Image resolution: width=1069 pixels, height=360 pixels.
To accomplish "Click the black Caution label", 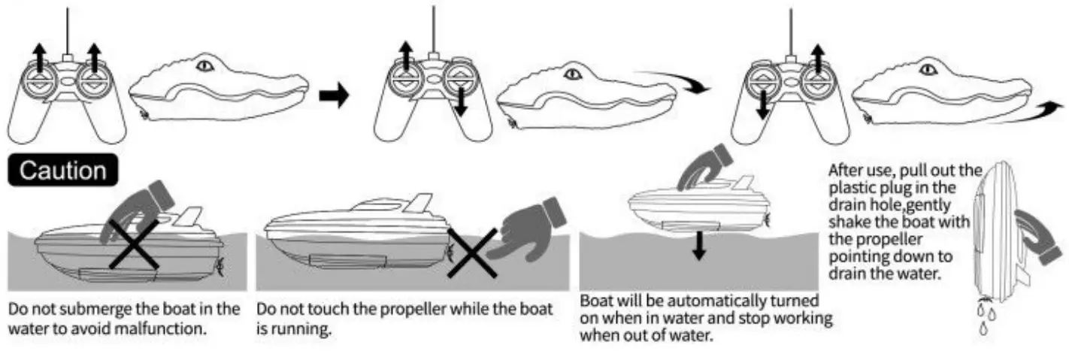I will point(62,171).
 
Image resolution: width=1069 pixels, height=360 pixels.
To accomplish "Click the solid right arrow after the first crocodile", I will point(335,95).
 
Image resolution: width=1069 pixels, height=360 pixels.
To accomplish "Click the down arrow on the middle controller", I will point(462,101).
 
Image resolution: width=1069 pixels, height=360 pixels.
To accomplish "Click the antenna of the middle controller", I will point(434,30).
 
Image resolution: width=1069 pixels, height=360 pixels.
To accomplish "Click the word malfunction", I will point(162,329).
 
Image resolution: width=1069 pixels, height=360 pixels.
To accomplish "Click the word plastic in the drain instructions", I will point(851,186).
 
